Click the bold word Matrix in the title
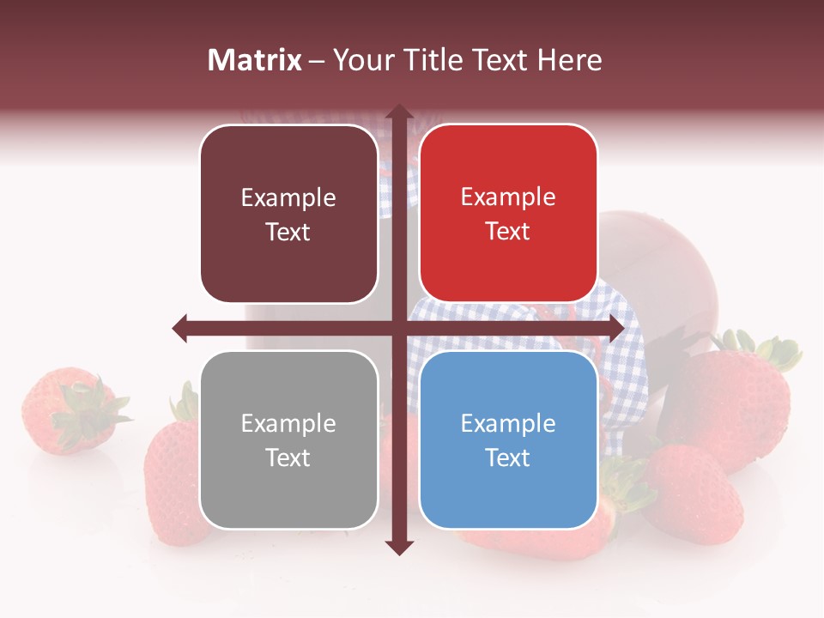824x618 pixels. pos(255,60)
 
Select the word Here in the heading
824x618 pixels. pos(569,60)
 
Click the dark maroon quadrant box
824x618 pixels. pos(288,215)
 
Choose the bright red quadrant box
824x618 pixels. pos(508,214)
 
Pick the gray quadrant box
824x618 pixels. pos(288,439)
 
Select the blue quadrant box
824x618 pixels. pos(508,439)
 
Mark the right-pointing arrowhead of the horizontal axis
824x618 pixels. pos(615,328)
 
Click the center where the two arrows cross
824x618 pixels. pos(398,328)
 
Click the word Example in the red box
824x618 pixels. pos(508,197)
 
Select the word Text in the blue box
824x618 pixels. pos(508,458)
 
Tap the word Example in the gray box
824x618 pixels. pos(288,423)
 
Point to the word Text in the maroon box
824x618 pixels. pos(288,233)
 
